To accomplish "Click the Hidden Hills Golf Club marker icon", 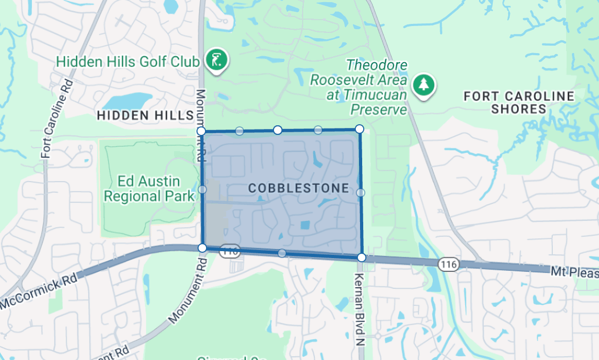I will (x=217, y=60).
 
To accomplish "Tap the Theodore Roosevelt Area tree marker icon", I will (x=424, y=84).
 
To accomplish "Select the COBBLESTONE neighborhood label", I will (x=298, y=188).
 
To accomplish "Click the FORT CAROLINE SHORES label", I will (x=519, y=102).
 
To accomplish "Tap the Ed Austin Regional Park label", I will (x=149, y=188).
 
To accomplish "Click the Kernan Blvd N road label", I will (x=359, y=303).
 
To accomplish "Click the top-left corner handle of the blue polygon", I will (x=201, y=131).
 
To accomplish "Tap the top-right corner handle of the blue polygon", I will (x=360, y=128).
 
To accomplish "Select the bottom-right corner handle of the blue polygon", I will (x=361, y=258).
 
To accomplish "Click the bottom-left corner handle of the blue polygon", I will (x=202, y=248).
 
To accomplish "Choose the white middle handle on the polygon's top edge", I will (x=277, y=130).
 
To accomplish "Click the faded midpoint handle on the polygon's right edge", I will (x=361, y=192).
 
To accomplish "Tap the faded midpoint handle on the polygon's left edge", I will (x=202, y=189).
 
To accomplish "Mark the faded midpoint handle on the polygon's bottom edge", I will (x=282, y=253).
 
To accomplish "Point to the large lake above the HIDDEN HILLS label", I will (x=127, y=100).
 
